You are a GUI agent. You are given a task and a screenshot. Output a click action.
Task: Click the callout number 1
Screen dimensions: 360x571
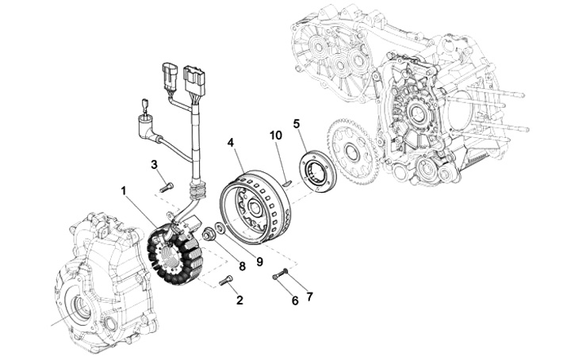click(x=125, y=191)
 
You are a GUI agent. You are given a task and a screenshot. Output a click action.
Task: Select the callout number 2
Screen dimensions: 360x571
click(x=240, y=302)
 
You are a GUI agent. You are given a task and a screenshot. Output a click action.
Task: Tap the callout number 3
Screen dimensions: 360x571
click(x=156, y=164)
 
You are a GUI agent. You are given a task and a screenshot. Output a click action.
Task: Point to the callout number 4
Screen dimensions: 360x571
click(x=231, y=143)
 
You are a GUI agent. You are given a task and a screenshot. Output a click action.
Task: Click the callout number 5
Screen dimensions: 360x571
click(x=297, y=124)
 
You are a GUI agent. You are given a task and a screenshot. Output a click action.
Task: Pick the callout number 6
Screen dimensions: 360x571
click(x=293, y=301)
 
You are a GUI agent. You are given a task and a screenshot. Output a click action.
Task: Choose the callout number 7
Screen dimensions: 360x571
click(x=309, y=297)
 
